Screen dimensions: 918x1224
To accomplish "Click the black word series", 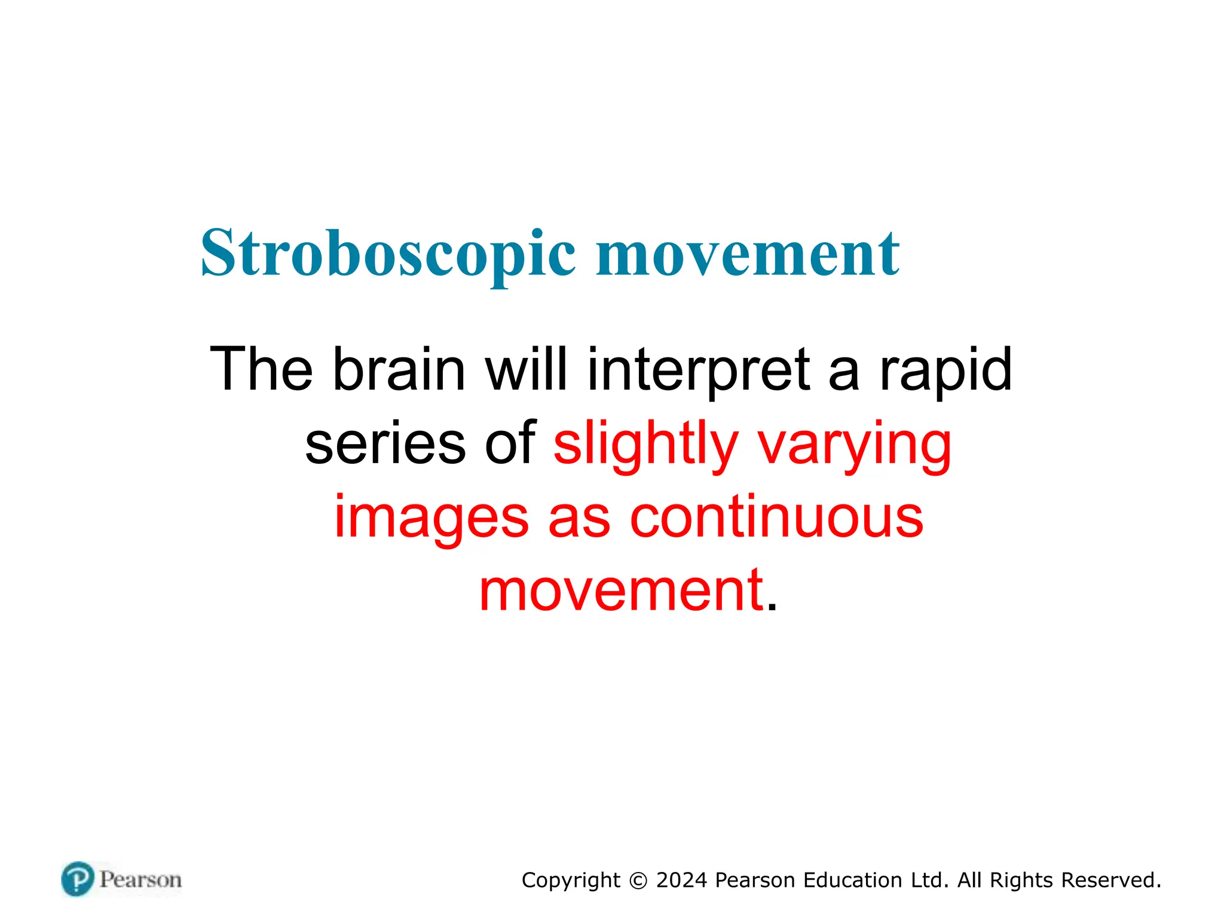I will pyautogui.click(x=385, y=444).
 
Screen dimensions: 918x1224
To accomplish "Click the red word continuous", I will pyautogui.click(x=776, y=518).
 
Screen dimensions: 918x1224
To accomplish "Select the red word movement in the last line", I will pyautogui.click(x=622, y=592).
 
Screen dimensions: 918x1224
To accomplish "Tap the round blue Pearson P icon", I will pyautogui.click(x=78, y=879).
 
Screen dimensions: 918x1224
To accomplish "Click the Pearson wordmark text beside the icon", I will pyautogui.click(x=140, y=880).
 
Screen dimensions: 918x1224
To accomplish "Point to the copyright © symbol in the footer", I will pyautogui.click(x=638, y=881).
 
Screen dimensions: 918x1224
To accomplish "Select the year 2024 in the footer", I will pyautogui.click(x=681, y=880).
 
